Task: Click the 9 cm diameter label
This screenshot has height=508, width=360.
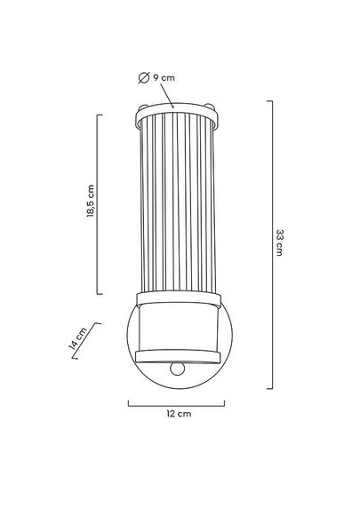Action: (x=156, y=78)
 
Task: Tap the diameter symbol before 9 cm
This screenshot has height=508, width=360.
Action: (x=143, y=78)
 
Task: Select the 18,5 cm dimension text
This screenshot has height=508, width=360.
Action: (x=91, y=201)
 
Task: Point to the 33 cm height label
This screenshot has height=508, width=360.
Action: (x=279, y=242)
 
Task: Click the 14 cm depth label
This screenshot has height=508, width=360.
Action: (x=77, y=338)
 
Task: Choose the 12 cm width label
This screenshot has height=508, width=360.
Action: (x=179, y=414)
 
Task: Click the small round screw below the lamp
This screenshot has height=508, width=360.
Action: (x=178, y=369)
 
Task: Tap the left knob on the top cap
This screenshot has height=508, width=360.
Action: (x=142, y=107)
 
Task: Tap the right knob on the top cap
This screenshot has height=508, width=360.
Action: (x=210, y=107)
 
